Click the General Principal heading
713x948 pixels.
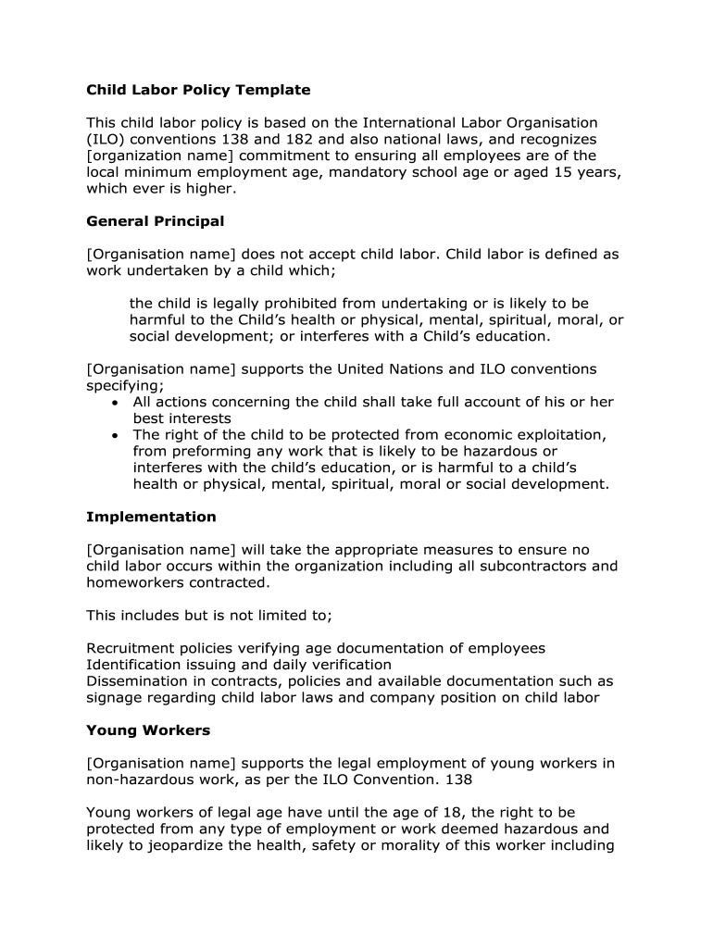point(155,221)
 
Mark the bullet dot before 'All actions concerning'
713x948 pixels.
point(114,403)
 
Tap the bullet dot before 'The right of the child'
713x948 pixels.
point(114,435)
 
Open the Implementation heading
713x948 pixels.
point(151,517)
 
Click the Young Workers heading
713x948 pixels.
point(148,730)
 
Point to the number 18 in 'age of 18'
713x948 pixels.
point(456,813)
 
